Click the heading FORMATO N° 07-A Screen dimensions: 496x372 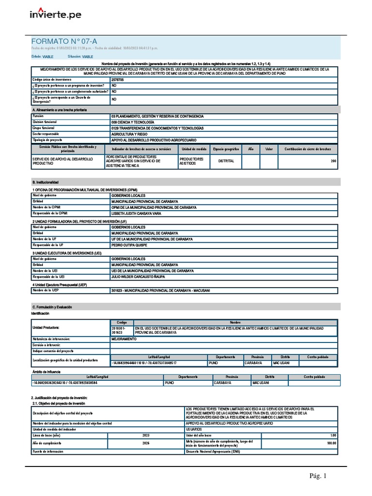click(x=61, y=42)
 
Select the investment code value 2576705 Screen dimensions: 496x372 click(x=117, y=79)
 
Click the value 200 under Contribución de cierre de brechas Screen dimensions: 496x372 click(x=333, y=161)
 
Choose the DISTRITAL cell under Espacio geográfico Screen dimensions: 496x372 click(x=226, y=161)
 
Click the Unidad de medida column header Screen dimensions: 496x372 click(x=193, y=149)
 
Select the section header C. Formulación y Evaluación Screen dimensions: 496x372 click(x=55, y=307)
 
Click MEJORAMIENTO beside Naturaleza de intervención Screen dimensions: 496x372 click(x=124, y=339)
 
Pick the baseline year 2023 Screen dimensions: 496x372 click(x=146, y=435)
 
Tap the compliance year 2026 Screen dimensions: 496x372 click(x=146, y=443)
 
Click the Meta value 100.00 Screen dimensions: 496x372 click(x=331, y=443)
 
